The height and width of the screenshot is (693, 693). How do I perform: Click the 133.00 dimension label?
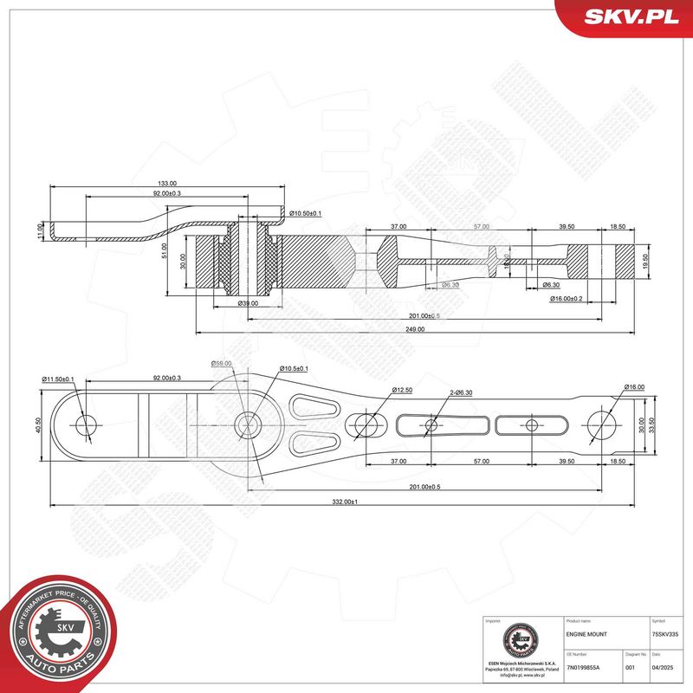pyautogui.click(x=167, y=184)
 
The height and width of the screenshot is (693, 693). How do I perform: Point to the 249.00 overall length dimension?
pyautogui.click(x=415, y=329)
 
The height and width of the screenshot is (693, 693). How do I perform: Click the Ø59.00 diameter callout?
pyautogui.click(x=222, y=364)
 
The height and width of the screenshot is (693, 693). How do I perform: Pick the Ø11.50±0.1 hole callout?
pyautogui.click(x=59, y=379)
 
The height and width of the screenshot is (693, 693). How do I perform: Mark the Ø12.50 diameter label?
pyautogui.click(x=402, y=391)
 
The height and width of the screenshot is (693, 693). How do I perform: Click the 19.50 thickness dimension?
pyautogui.click(x=644, y=262)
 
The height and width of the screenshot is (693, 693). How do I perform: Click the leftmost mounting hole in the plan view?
pyautogui.click(x=87, y=424)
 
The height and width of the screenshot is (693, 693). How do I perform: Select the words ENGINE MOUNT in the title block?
pyautogui.click(x=586, y=635)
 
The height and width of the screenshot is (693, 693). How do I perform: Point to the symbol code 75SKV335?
pyautogui.click(x=666, y=635)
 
